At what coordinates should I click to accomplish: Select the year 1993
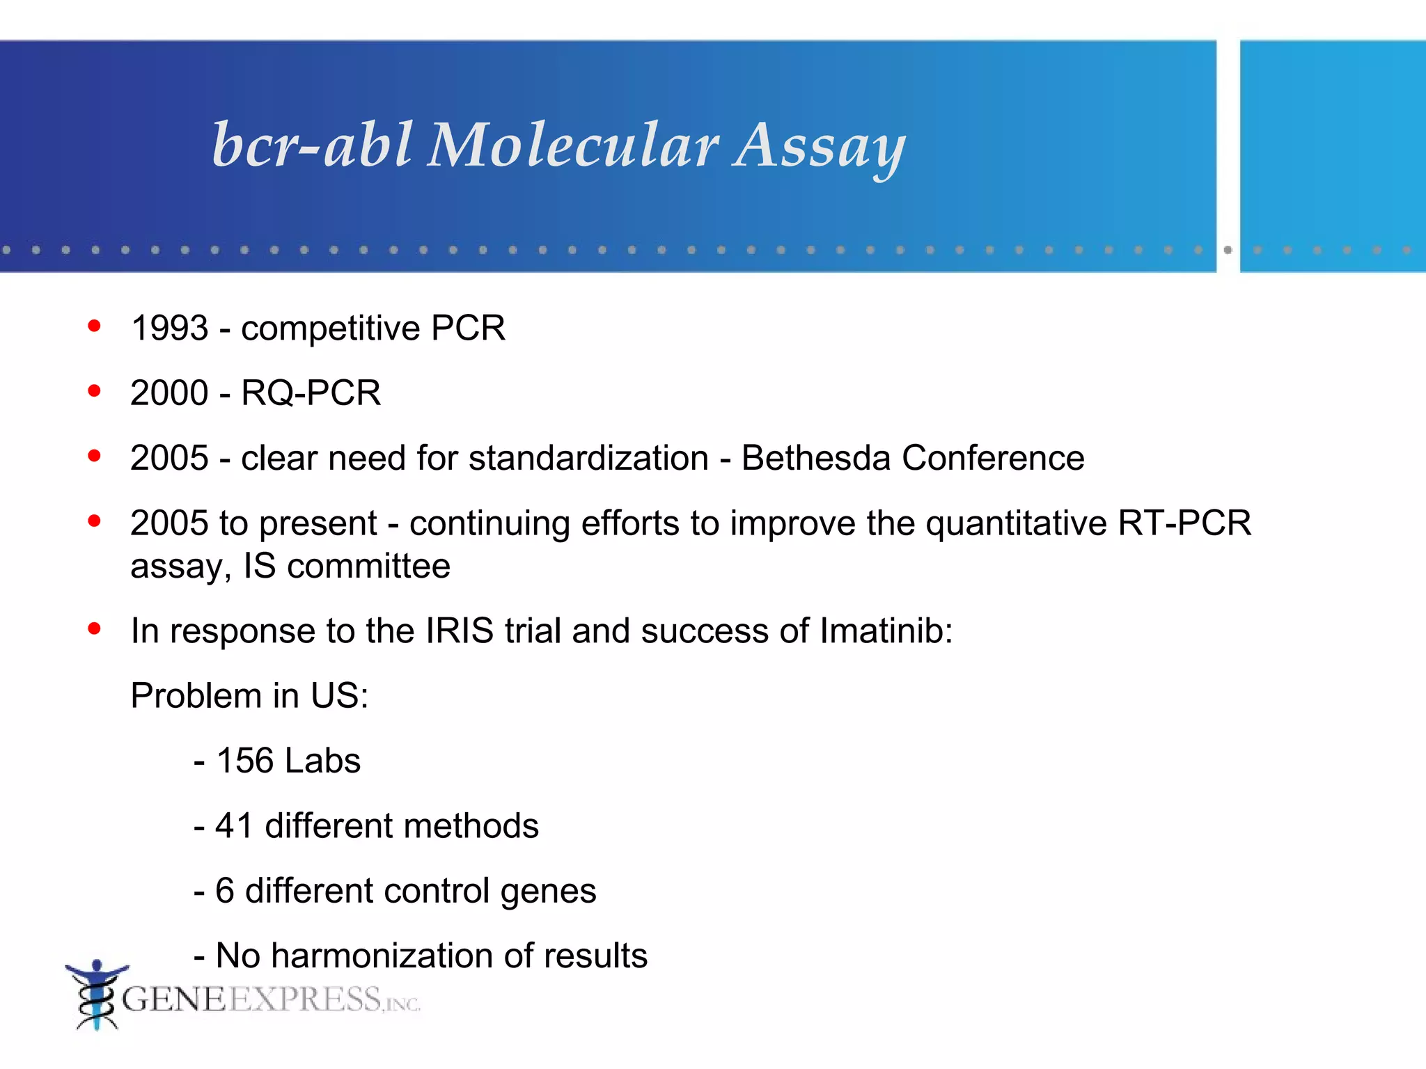[x=170, y=328]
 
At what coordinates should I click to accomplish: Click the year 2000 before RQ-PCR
[x=169, y=393]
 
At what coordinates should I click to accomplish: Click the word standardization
[x=588, y=458]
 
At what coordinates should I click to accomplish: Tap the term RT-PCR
[x=1184, y=523]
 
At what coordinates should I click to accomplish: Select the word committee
[x=368, y=566]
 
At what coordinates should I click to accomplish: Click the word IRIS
[x=460, y=631]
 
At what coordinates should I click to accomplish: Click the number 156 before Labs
[x=245, y=760]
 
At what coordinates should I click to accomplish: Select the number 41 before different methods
[x=234, y=825]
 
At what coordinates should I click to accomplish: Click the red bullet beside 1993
[x=95, y=326]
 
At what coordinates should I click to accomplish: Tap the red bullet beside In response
[x=95, y=628]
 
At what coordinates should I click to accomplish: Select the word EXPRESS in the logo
[x=304, y=999]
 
